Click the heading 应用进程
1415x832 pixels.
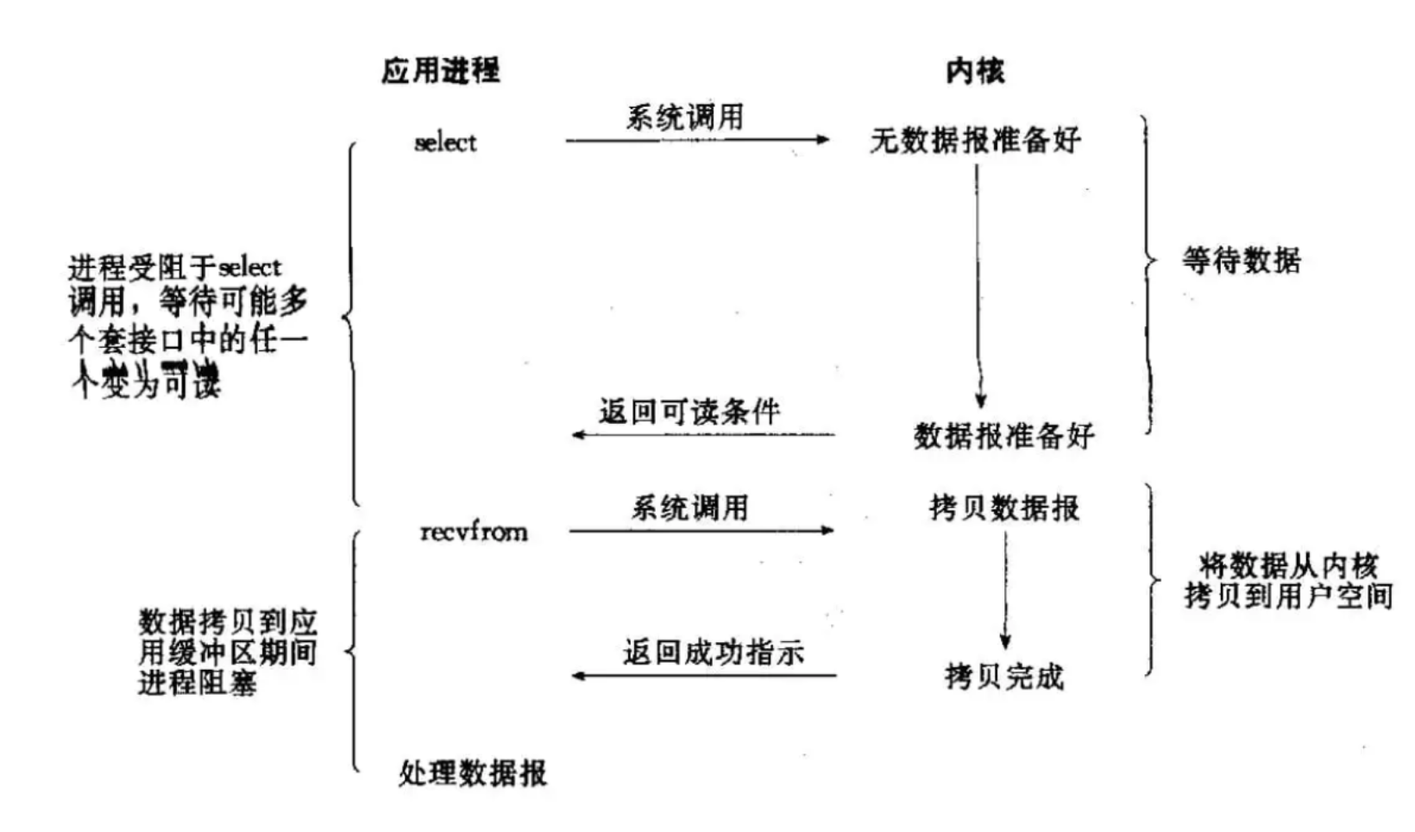[440, 71]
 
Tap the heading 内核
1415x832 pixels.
[975, 71]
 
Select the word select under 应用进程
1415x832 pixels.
[445, 142]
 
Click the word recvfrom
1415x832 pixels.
[474, 532]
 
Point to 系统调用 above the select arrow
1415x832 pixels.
[685, 117]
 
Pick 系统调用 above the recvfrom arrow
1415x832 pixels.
[689, 507]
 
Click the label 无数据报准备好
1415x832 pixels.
[975, 141]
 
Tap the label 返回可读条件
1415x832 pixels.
[689, 412]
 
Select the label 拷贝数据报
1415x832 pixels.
[1004, 507]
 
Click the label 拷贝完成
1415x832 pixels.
[1004, 677]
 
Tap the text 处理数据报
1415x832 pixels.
[473, 772]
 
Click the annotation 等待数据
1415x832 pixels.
[1241, 260]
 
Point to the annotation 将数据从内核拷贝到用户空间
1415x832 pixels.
[1288, 581]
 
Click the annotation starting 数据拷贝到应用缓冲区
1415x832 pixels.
[228, 652]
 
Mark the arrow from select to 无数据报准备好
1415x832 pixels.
[697, 140]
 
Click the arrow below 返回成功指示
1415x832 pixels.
[704, 675]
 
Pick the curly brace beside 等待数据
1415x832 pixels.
[1148, 274]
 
